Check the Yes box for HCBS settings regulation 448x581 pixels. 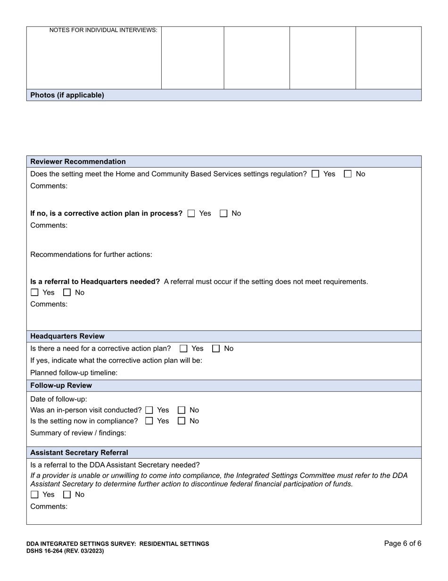(x=315, y=174)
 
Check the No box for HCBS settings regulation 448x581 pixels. (x=348, y=174)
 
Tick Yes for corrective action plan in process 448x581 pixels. (x=191, y=214)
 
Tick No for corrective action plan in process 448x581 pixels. (x=224, y=214)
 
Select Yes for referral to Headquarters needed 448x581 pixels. (x=34, y=293)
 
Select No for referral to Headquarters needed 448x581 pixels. (x=67, y=293)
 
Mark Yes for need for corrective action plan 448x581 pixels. (x=183, y=349)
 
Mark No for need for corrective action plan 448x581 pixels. (x=216, y=349)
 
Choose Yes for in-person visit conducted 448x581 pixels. (x=149, y=410)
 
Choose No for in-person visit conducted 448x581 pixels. (x=182, y=410)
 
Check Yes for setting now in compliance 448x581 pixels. (x=149, y=421)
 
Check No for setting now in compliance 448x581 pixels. (x=182, y=421)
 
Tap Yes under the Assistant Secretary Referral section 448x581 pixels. (x=34, y=495)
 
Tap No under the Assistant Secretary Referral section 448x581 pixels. (x=67, y=495)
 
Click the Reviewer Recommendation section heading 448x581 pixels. (x=78, y=162)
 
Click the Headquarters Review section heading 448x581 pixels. (x=67, y=336)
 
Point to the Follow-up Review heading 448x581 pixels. (x=61, y=385)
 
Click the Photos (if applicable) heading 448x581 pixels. (x=67, y=95)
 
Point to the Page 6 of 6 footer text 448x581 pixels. (x=402, y=544)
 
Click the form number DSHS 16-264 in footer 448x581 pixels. (x=65, y=551)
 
